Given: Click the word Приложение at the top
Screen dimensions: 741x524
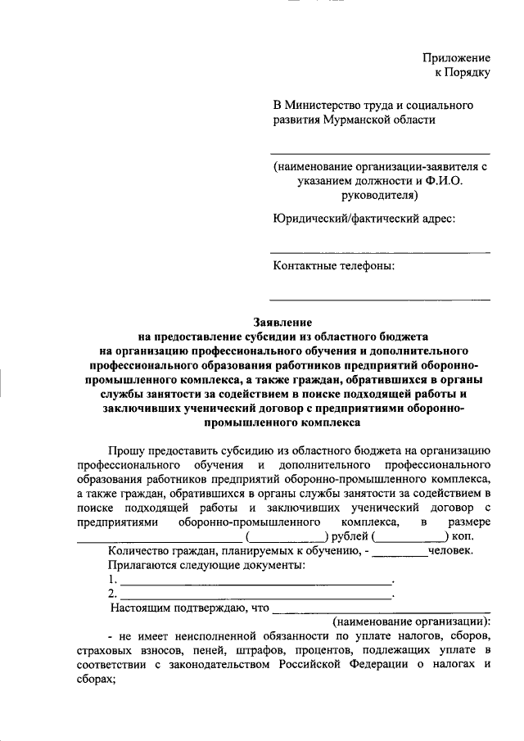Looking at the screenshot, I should (x=456, y=58).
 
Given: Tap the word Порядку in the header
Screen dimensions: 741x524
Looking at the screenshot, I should (x=468, y=73).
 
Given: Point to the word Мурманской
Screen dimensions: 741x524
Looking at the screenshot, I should (x=358, y=120).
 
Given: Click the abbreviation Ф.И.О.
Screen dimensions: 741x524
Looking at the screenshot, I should (x=441, y=180).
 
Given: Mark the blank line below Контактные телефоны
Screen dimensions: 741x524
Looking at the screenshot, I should (x=380, y=299).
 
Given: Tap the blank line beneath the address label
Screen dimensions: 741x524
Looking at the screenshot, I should (x=380, y=251).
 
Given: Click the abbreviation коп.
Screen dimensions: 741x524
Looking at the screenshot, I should (x=463, y=536).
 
